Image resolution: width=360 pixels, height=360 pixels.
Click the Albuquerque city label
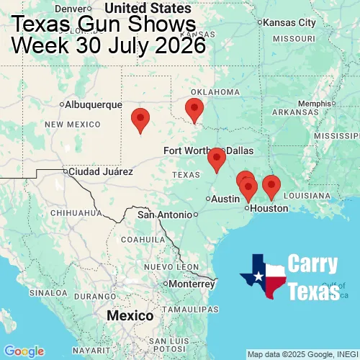(x=94, y=104)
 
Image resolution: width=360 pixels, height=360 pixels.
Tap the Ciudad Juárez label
(x=101, y=172)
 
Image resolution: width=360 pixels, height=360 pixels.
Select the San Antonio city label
(x=166, y=215)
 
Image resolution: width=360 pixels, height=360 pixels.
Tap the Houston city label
(x=269, y=208)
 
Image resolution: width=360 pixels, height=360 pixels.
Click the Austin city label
(x=225, y=199)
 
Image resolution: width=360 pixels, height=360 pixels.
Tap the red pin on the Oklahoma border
(x=194, y=110)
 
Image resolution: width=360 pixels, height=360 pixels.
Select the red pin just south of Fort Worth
(x=216, y=159)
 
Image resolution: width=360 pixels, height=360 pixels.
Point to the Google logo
(x=23, y=351)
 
